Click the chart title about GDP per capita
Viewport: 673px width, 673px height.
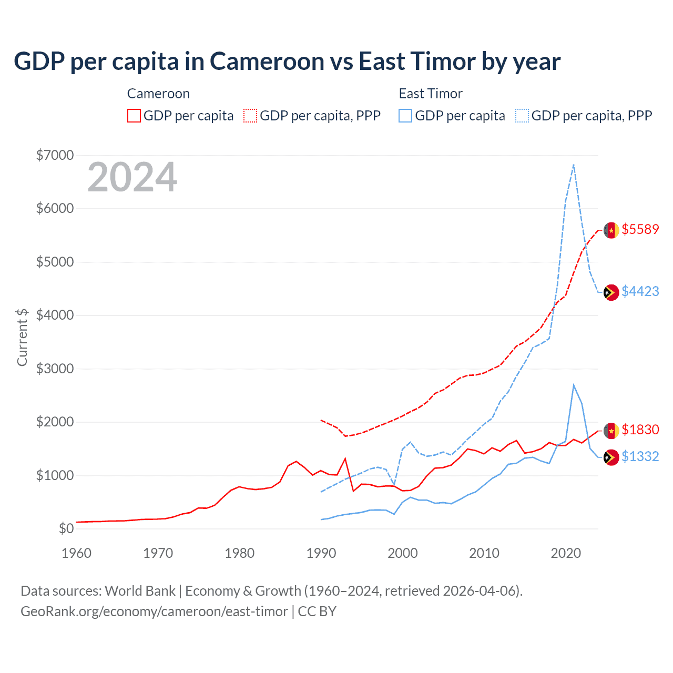pos(287,62)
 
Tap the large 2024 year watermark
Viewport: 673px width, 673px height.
pos(132,178)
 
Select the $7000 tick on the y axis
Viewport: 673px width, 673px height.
pos(55,155)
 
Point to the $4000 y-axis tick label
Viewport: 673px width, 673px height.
pos(55,315)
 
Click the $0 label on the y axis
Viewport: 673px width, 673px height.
pos(66,528)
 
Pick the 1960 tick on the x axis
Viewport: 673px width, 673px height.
pos(77,553)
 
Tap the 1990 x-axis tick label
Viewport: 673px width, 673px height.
pos(321,553)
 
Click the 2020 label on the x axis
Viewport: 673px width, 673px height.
pos(566,553)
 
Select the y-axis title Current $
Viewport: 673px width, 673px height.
pos(22,337)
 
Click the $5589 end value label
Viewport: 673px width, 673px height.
pos(640,229)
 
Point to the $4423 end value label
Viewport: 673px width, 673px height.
pos(640,291)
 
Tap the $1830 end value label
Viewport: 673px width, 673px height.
pos(640,430)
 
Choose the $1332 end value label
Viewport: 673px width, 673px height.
pos(640,456)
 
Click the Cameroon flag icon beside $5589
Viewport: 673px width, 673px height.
pos(611,230)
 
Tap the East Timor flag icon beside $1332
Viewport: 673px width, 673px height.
pos(611,457)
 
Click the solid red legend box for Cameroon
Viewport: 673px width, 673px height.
pos(134,116)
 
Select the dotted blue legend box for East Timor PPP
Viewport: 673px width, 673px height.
pos(522,116)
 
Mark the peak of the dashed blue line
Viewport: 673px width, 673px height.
pos(573,165)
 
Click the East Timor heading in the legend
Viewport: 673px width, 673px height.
pos(431,94)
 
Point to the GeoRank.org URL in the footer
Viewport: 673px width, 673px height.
pos(154,611)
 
